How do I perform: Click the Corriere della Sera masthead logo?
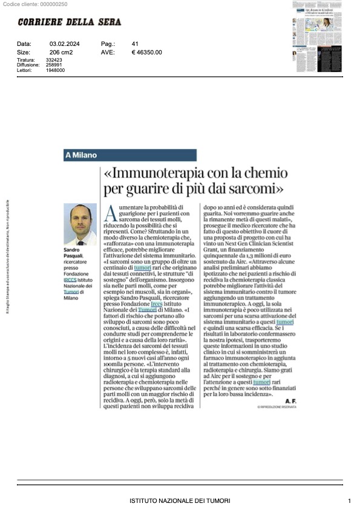tap(69, 22)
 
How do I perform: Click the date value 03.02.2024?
tap(62, 44)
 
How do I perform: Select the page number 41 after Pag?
tap(135, 44)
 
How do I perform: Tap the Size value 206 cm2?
tap(61, 53)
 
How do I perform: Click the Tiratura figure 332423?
tap(54, 60)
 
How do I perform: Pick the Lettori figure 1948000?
tap(56, 70)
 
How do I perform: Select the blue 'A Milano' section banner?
tap(130, 155)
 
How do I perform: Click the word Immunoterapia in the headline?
tap(158, 174)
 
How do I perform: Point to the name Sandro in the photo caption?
tap(72, 249)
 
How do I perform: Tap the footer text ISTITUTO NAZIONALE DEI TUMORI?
tap(179, 501)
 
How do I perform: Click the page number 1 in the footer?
tap(350, 501)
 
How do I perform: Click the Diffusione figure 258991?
tap(54, 65)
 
